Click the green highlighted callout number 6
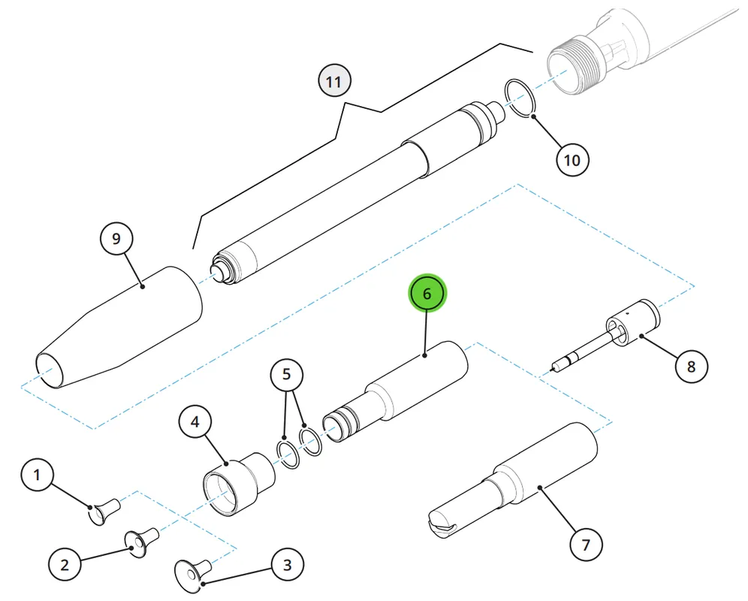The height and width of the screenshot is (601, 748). (x=427, y=293)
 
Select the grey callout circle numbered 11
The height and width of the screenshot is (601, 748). (x=334, y=80)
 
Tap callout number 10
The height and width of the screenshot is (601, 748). (x=572, y=160)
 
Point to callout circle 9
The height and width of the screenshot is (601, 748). (x=116, y=238)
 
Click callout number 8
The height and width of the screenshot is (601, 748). (x=691, y=366)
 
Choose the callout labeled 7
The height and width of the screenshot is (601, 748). (x=587, y=544)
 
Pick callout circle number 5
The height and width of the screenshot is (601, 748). (x=286, y=374)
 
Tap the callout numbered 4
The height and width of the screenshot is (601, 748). (x=195, y=421)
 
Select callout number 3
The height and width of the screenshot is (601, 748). (x=287, y=565)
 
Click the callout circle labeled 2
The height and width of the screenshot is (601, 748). (x=65, y=565)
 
